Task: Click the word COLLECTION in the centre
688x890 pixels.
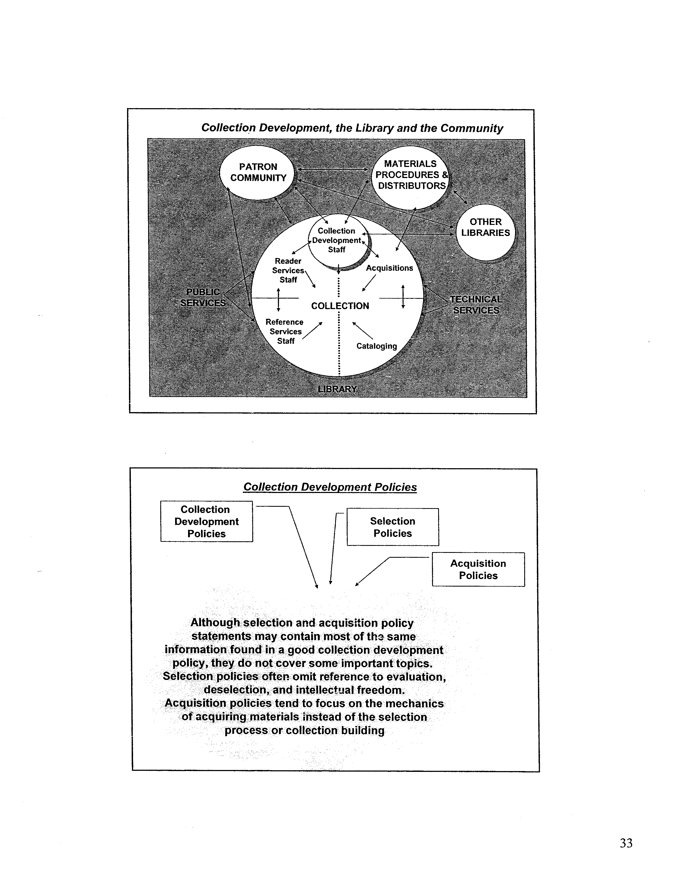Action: point(340,306)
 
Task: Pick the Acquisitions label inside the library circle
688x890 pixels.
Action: point(389,268)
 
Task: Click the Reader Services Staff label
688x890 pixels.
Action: point(288,270)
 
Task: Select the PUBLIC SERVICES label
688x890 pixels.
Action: point(203,297)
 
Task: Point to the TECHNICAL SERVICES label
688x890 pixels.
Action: point(476,305)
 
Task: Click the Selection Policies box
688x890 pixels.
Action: point(393,527)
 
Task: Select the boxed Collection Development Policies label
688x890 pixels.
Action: point(207,521)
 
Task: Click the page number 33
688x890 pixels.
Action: point(626,843)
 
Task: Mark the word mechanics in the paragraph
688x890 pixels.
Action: point(414,704)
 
